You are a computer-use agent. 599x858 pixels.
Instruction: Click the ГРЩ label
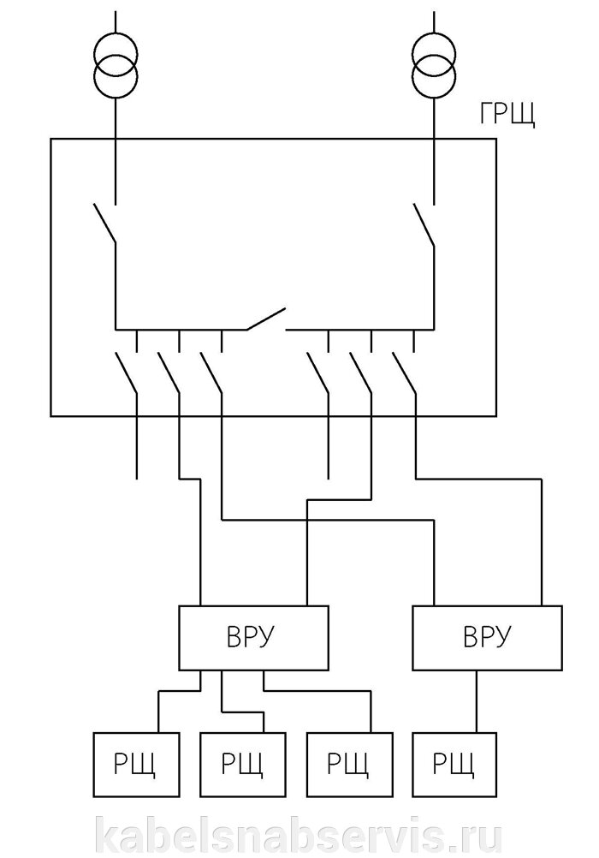click(507, 115)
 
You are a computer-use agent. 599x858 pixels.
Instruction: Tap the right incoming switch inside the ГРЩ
click(424, 224)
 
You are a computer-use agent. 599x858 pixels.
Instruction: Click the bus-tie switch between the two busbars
click(265, 319)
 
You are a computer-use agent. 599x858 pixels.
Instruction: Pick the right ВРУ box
click(487, 638)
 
